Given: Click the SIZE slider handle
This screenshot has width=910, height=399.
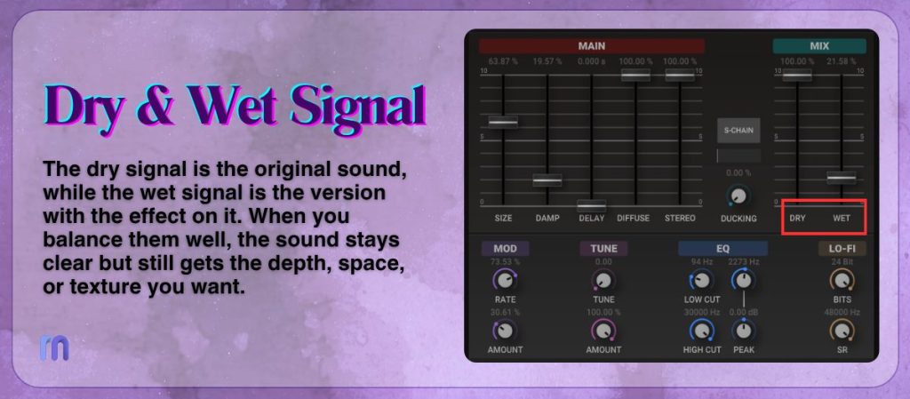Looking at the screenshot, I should pyautogui.click(x=503, y=121).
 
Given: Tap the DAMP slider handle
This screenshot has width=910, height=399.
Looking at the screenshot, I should pyautogui.click(x=547, y=180).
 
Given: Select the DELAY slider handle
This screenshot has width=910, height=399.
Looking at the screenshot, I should pyautogui.click(x=591, y=205).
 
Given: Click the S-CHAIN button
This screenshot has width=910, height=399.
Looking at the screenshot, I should pyautogui.click(x=738, y=131).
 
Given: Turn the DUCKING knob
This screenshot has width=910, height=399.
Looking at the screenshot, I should pyautogui.click(x=738, y=196).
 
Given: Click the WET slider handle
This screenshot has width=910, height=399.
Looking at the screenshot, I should pyautogui.click(x=841, y=178).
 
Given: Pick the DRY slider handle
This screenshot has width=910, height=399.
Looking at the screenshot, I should pyautogui.click(x=797, y=76).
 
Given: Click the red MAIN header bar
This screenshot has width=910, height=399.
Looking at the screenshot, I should pyautogui.click(x=591, y=46).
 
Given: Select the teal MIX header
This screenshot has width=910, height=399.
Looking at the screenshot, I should pyautogui.click(x=818, y=46).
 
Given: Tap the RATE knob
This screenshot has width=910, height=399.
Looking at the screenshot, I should pyautogui.click(x=505, y=282).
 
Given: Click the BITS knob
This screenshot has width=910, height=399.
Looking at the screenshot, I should pyautogui.click(x=841, y=282).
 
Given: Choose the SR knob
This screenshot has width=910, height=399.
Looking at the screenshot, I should pyautogui.click(x=841, y=331).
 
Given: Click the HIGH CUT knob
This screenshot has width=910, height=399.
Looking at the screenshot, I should pyautogui.click(x=701, y=331).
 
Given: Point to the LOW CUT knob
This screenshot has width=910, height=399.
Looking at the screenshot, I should pyautogui.click(x=701, y=282).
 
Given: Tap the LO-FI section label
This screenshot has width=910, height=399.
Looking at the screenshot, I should pyautogui.click(x=842, y=249).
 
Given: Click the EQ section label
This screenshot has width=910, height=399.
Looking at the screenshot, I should pyautogui.click(x=722, y=249).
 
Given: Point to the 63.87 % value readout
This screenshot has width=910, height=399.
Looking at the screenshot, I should pyautogui.click(x=503, y=61).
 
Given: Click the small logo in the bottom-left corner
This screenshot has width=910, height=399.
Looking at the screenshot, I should pyautogui.click(x=54, y=347).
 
